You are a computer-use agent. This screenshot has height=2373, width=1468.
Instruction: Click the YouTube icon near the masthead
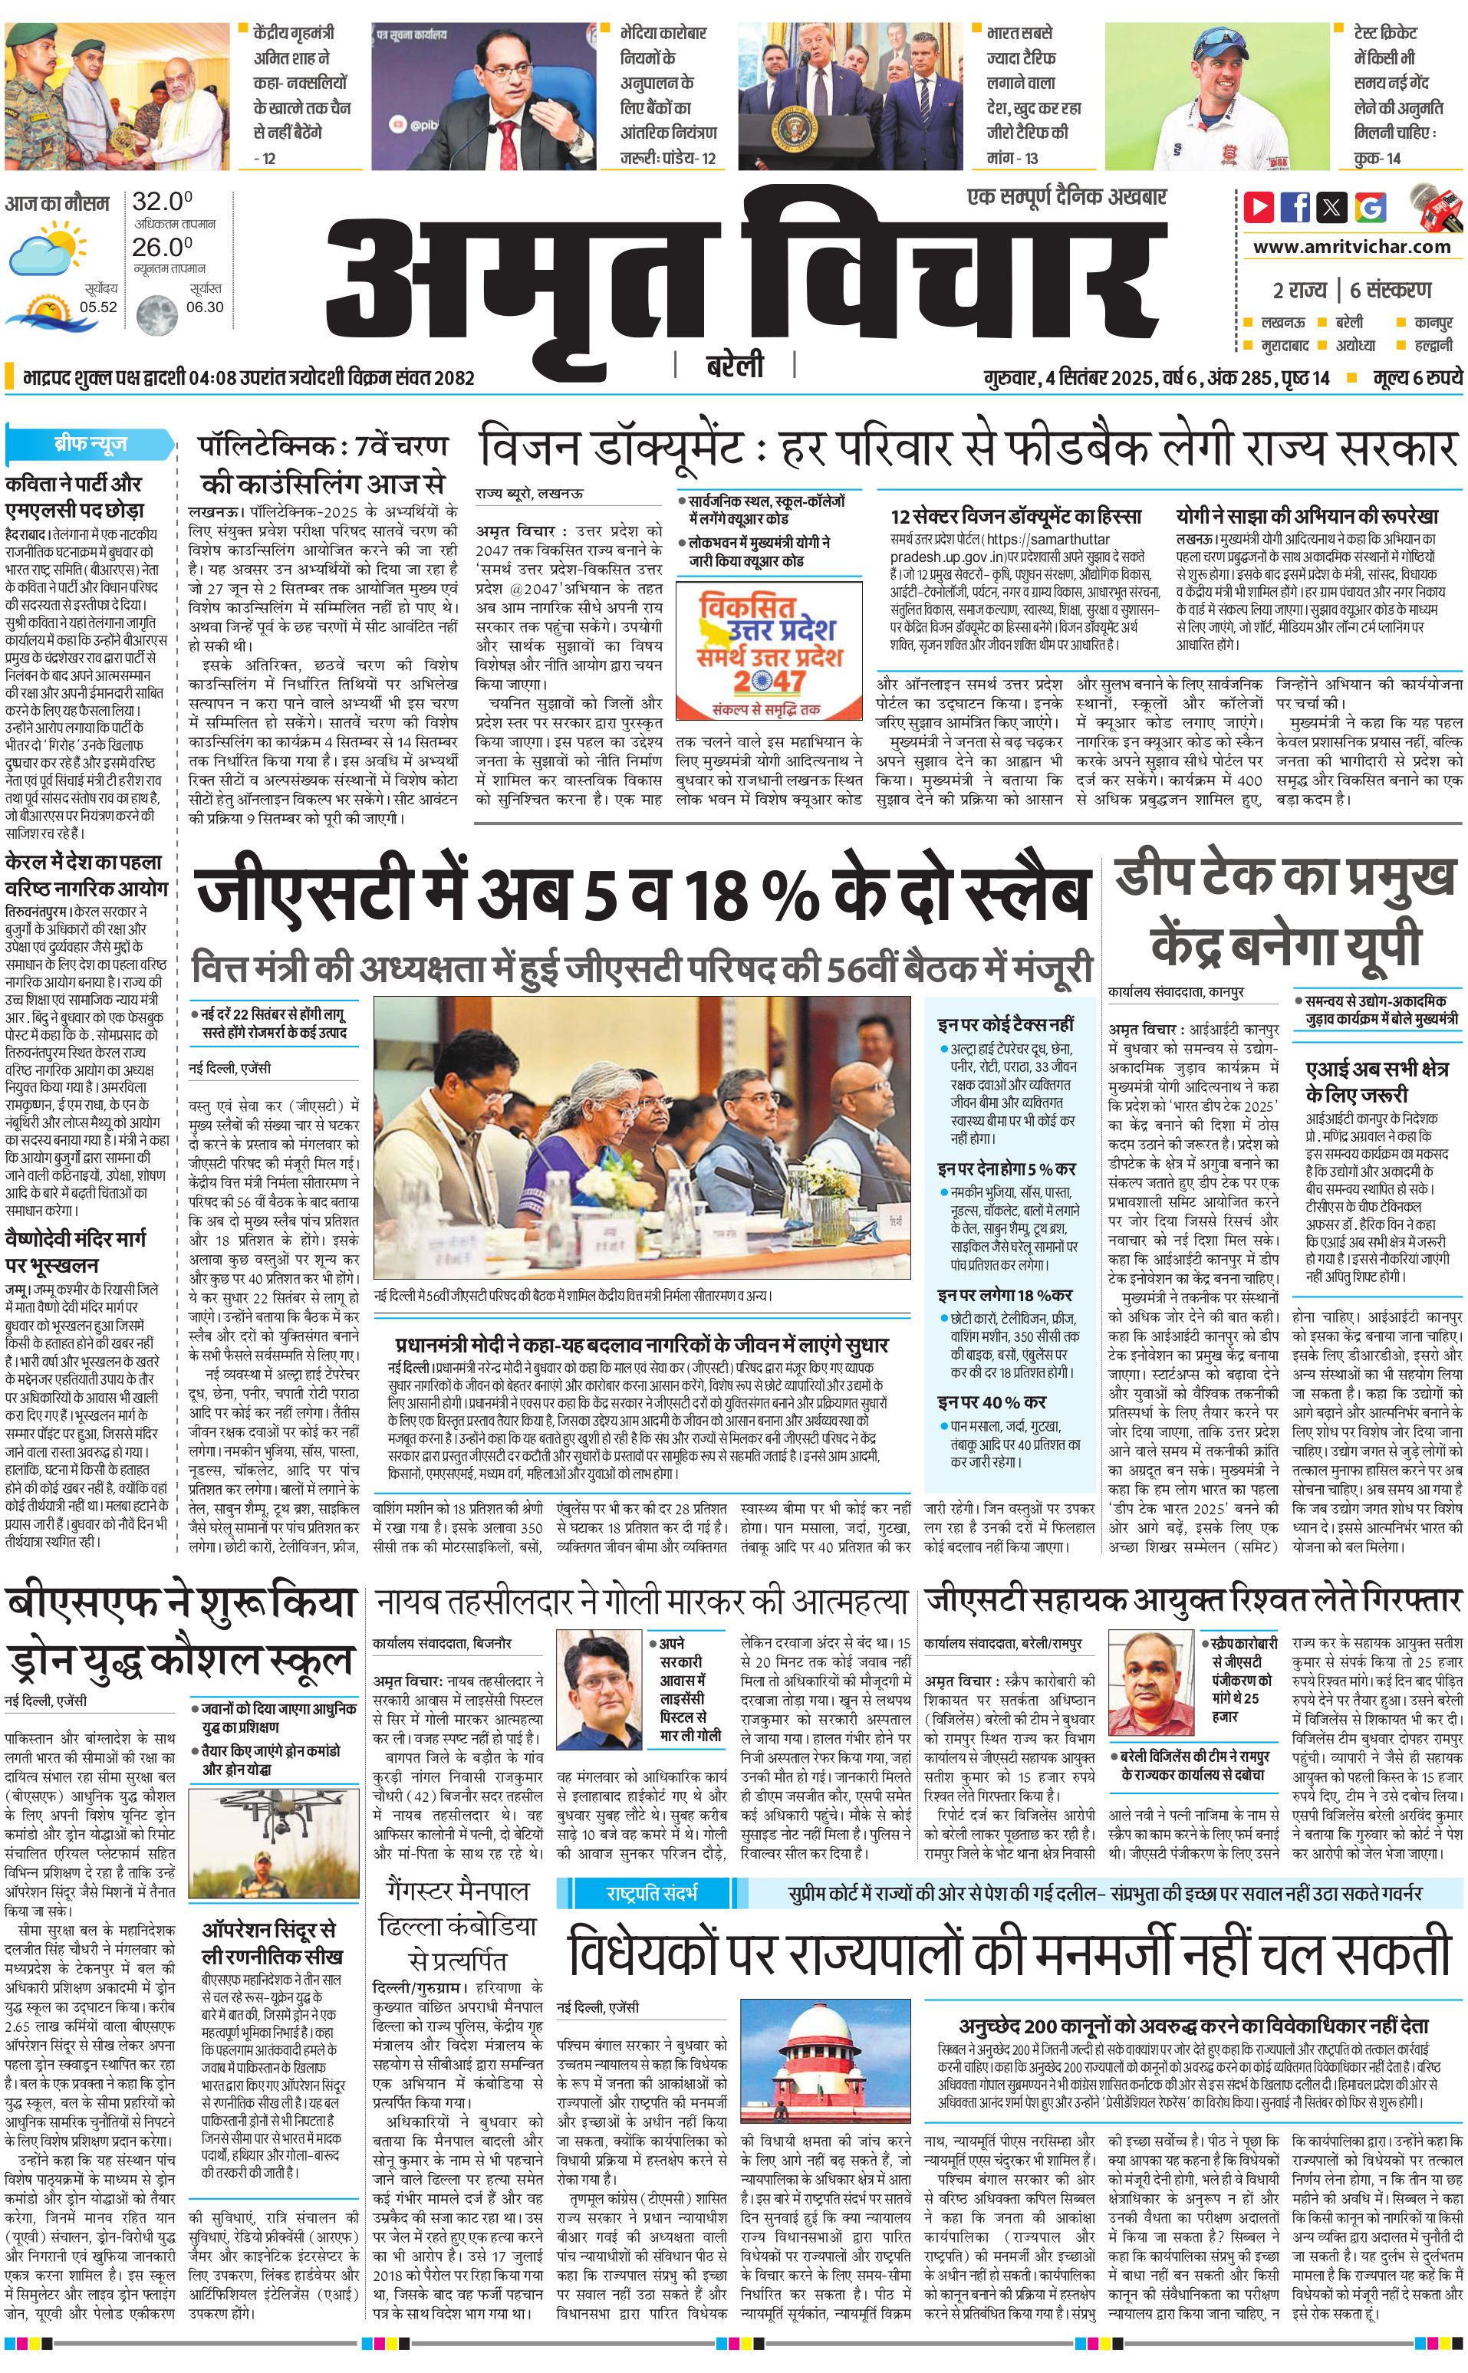pos(1259,207)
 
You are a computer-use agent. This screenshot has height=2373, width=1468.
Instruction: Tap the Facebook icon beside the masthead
pos(1295,207)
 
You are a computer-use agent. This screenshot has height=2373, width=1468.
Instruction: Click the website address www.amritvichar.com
pos(1351,247)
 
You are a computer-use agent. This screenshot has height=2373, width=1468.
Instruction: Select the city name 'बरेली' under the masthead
pos(734,365)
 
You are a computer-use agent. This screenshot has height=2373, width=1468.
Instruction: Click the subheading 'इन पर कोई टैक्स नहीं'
pos(1005,1024)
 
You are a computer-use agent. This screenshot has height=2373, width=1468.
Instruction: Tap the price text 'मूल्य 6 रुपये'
pos(1417,377)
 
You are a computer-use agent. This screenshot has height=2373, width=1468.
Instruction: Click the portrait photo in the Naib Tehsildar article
pos(601,1686)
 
